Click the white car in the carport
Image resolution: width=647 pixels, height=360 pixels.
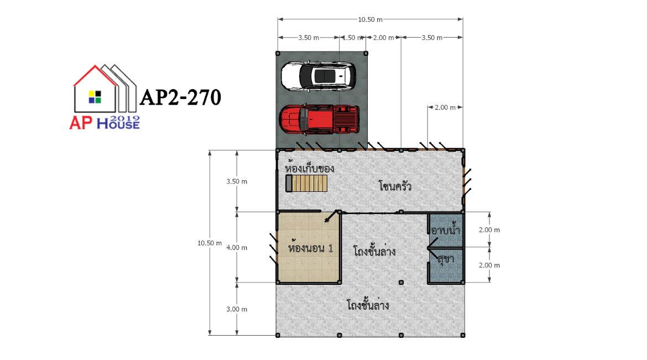(318, 76)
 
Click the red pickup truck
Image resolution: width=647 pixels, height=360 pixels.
(319, 119)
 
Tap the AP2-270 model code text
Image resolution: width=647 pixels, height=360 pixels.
(180, 98)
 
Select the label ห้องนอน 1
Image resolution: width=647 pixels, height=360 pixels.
(310, 248)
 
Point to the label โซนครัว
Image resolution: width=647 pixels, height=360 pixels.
(395, 186)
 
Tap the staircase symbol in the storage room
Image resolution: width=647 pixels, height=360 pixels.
(306, 183)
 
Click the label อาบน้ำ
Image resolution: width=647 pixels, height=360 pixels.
(445, 229)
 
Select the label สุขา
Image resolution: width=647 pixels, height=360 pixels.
(446, 259)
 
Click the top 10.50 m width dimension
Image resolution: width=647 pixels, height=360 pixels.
(370, 19)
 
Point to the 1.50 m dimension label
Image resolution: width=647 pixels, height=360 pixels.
(352, 38)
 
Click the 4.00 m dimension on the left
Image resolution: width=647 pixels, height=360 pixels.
(237, 248)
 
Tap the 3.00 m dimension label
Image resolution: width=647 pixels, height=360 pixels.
(237, 309)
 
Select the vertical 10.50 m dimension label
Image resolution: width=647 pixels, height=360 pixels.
(210, 243)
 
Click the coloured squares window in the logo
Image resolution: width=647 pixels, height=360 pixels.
(95, 97)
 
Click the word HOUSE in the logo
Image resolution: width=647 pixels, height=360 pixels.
(118, 123)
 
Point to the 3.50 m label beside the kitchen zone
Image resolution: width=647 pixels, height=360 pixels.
(237, 181)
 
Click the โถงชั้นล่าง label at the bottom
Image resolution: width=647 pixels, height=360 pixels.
(368, 305)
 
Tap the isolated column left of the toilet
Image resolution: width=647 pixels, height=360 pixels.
(401, 283)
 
